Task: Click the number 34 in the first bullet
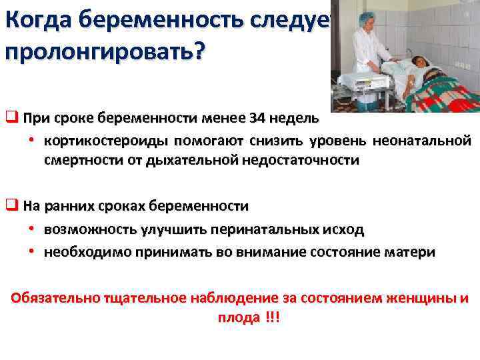256,119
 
